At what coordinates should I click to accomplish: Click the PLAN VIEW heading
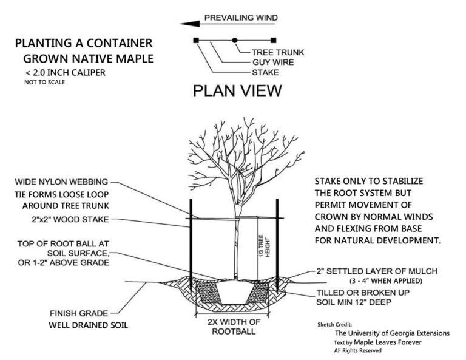pos(237,91)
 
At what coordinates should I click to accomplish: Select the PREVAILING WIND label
pos(240,18)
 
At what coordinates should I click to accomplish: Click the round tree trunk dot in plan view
pos(235,41)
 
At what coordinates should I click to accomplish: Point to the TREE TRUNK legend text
pos(278,52)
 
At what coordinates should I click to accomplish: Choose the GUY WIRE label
pos(273,62)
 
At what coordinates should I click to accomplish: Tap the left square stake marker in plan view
pos(195,41)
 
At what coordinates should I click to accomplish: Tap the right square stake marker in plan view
pos(274,41)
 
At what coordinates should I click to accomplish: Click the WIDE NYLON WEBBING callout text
pos(62,182)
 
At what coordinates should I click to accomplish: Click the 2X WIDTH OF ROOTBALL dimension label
pos(234,327)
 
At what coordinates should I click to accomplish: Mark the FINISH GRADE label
pos(79,313)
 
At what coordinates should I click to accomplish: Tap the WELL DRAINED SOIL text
pos(88,325)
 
